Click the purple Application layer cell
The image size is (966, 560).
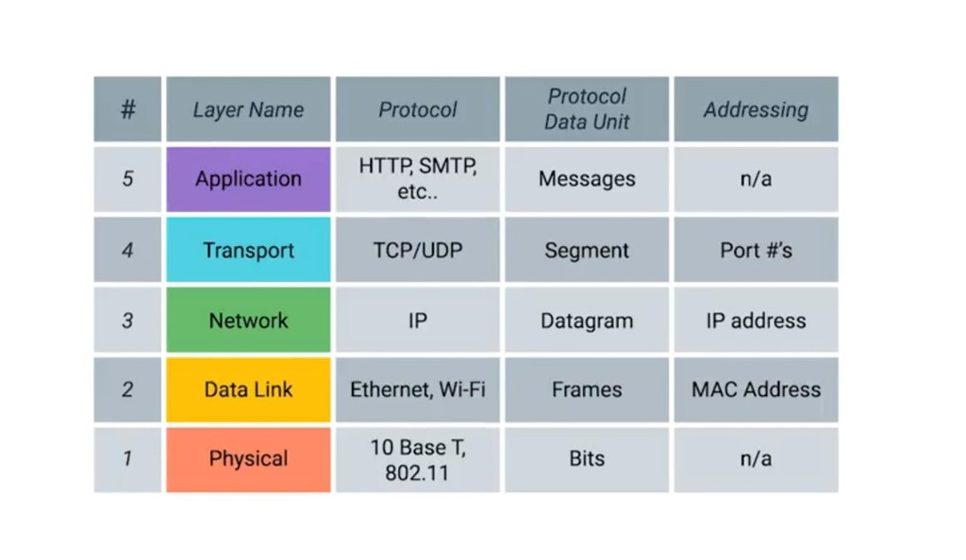248,179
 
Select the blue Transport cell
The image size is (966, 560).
248,250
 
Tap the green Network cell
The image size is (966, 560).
248,321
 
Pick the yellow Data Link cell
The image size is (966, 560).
248,389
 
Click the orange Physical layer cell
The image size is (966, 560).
248,459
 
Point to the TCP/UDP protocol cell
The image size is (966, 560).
417,250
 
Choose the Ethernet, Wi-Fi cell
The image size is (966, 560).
417,389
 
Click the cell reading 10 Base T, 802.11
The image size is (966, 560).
417,459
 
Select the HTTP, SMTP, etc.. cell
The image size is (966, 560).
417,179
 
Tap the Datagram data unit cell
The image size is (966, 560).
587,321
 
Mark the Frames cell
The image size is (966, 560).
587,389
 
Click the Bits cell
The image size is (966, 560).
587,459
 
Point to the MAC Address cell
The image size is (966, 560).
756,389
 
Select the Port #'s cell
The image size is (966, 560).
756,250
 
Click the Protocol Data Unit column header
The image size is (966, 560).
587,109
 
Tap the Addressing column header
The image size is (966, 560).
756,109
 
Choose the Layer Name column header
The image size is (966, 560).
248,109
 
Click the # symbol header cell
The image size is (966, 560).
127,109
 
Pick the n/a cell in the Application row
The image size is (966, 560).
756,179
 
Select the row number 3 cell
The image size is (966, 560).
127,321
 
